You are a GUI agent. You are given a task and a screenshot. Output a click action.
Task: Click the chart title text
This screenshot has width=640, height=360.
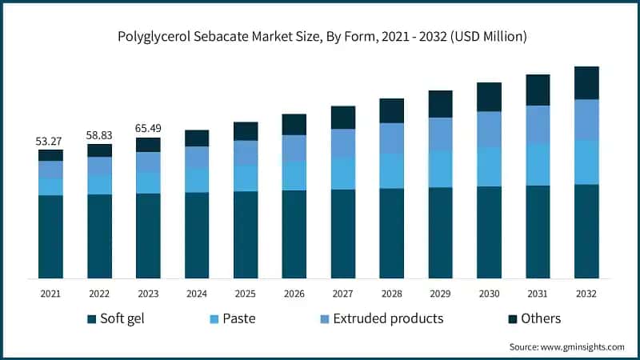click(x=320, y=36)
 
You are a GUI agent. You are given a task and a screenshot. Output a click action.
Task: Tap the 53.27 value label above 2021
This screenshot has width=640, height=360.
click(x=50, y=142)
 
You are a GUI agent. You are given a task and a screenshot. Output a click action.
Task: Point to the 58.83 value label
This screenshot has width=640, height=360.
click(x=99, y=136)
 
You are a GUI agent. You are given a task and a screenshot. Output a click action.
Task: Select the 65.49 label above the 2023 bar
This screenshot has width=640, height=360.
click(x=148, y=130)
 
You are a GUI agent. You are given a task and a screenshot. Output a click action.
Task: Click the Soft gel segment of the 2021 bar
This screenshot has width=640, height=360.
click(x=50, y=236)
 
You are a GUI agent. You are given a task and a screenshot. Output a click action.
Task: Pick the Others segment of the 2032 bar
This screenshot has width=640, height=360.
click(x=587, y=82)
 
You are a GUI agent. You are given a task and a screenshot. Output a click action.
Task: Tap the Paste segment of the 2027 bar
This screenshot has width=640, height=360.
click(x=343, y=173)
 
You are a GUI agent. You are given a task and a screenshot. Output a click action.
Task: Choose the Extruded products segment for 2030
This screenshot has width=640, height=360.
click(x=490, y=129)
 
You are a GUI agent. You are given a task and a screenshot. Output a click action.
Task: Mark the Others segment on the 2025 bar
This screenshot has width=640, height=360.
click(x=246, y=131)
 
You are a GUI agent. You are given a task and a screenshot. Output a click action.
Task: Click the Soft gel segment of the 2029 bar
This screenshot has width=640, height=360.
click(x=441, y=232)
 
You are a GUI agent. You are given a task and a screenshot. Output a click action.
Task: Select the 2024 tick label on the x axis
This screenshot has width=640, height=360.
click(x=197, y=294)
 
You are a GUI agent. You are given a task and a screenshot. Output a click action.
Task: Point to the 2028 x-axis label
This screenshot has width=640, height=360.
click(x=392, y=294)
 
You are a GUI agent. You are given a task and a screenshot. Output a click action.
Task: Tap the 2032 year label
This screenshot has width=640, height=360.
click(x=587, y=294)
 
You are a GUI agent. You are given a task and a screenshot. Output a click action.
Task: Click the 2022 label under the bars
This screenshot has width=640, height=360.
click(x=99, y=294)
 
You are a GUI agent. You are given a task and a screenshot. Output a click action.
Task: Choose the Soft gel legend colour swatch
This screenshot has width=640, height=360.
click(x=92, y=319)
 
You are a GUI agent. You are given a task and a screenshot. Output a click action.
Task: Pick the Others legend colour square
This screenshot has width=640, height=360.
click(x=513, y=319)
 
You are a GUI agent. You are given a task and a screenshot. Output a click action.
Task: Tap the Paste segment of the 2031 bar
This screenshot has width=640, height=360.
click(x=538, y=165)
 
